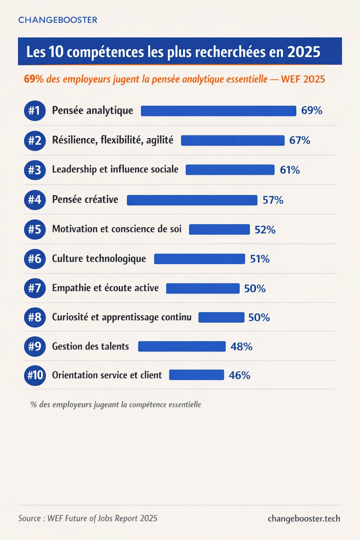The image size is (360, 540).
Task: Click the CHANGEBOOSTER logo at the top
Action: tap(58, 20)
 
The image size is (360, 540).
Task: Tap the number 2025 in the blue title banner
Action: tap(304, 52)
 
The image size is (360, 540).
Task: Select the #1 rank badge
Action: tap(35, 111)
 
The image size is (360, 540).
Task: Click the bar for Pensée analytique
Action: tap(218, 111)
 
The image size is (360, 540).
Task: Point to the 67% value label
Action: tap(300, 141)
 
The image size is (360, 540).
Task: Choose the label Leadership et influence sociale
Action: tap(115, 169)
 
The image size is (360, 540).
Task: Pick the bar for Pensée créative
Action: tap(192, 200)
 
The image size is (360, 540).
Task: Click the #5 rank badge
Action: tap(35, 230)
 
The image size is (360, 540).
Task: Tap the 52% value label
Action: tap(265, 230)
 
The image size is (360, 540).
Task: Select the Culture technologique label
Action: tap(99, 259)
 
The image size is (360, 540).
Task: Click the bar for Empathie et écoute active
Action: tap(203, 289)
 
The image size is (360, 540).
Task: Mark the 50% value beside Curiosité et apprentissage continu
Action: tap(259, 318)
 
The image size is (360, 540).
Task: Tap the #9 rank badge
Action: tap(35, 347)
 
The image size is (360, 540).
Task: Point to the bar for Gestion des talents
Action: tap(182, 347)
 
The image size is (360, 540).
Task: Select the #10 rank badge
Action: tap(35, 375)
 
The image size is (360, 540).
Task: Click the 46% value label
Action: tap(239, 375)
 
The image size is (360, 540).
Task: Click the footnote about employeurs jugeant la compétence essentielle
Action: tap(116, 405)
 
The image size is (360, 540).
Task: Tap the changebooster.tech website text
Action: tap(304, 519)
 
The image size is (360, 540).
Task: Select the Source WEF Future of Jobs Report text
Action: tap(88, 519)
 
